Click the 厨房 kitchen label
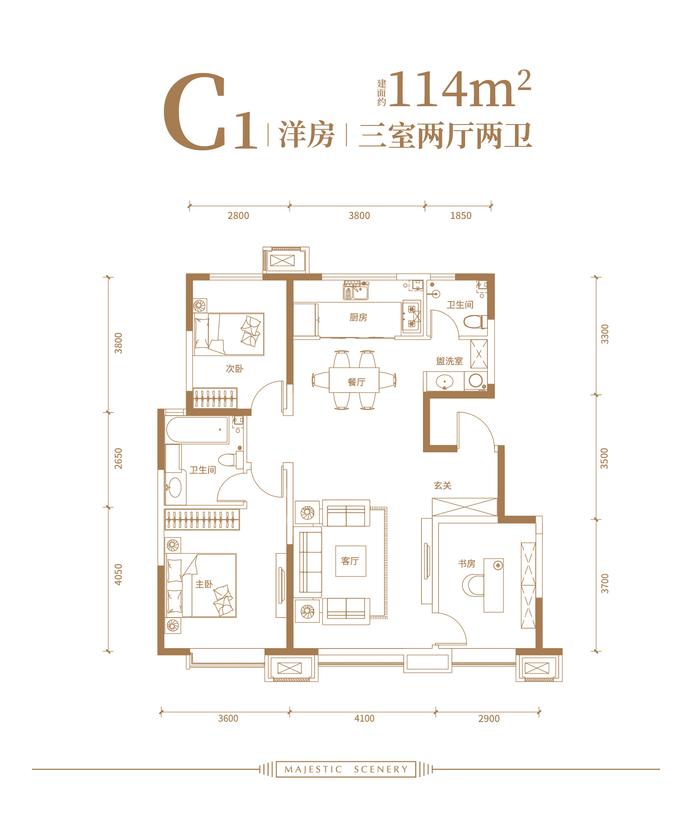click(358, 317)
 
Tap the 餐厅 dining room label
click(356, 382)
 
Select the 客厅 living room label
click(350, 561)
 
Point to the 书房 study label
click(466, 563)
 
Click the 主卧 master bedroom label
click(204, 584)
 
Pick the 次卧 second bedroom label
click(234, 368)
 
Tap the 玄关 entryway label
click(442, 485)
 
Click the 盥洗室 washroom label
click(449, 361)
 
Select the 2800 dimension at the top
click(238, 215)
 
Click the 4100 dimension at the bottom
click(364, 718)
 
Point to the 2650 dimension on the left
click(118, 458)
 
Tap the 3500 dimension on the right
click(604, 458)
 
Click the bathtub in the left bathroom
click(198, 430)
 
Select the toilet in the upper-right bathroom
click(475, 322)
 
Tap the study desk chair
click(473, 585)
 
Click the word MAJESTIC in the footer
click(313, 769)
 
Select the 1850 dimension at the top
click(461, 215)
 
